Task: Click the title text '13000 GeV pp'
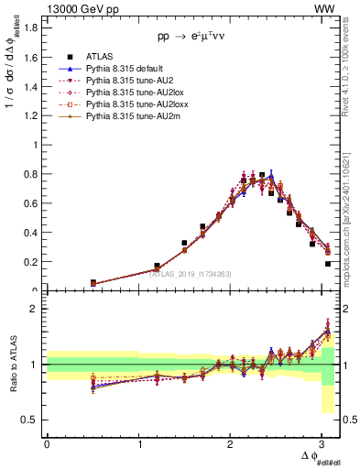tap(75, 8)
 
